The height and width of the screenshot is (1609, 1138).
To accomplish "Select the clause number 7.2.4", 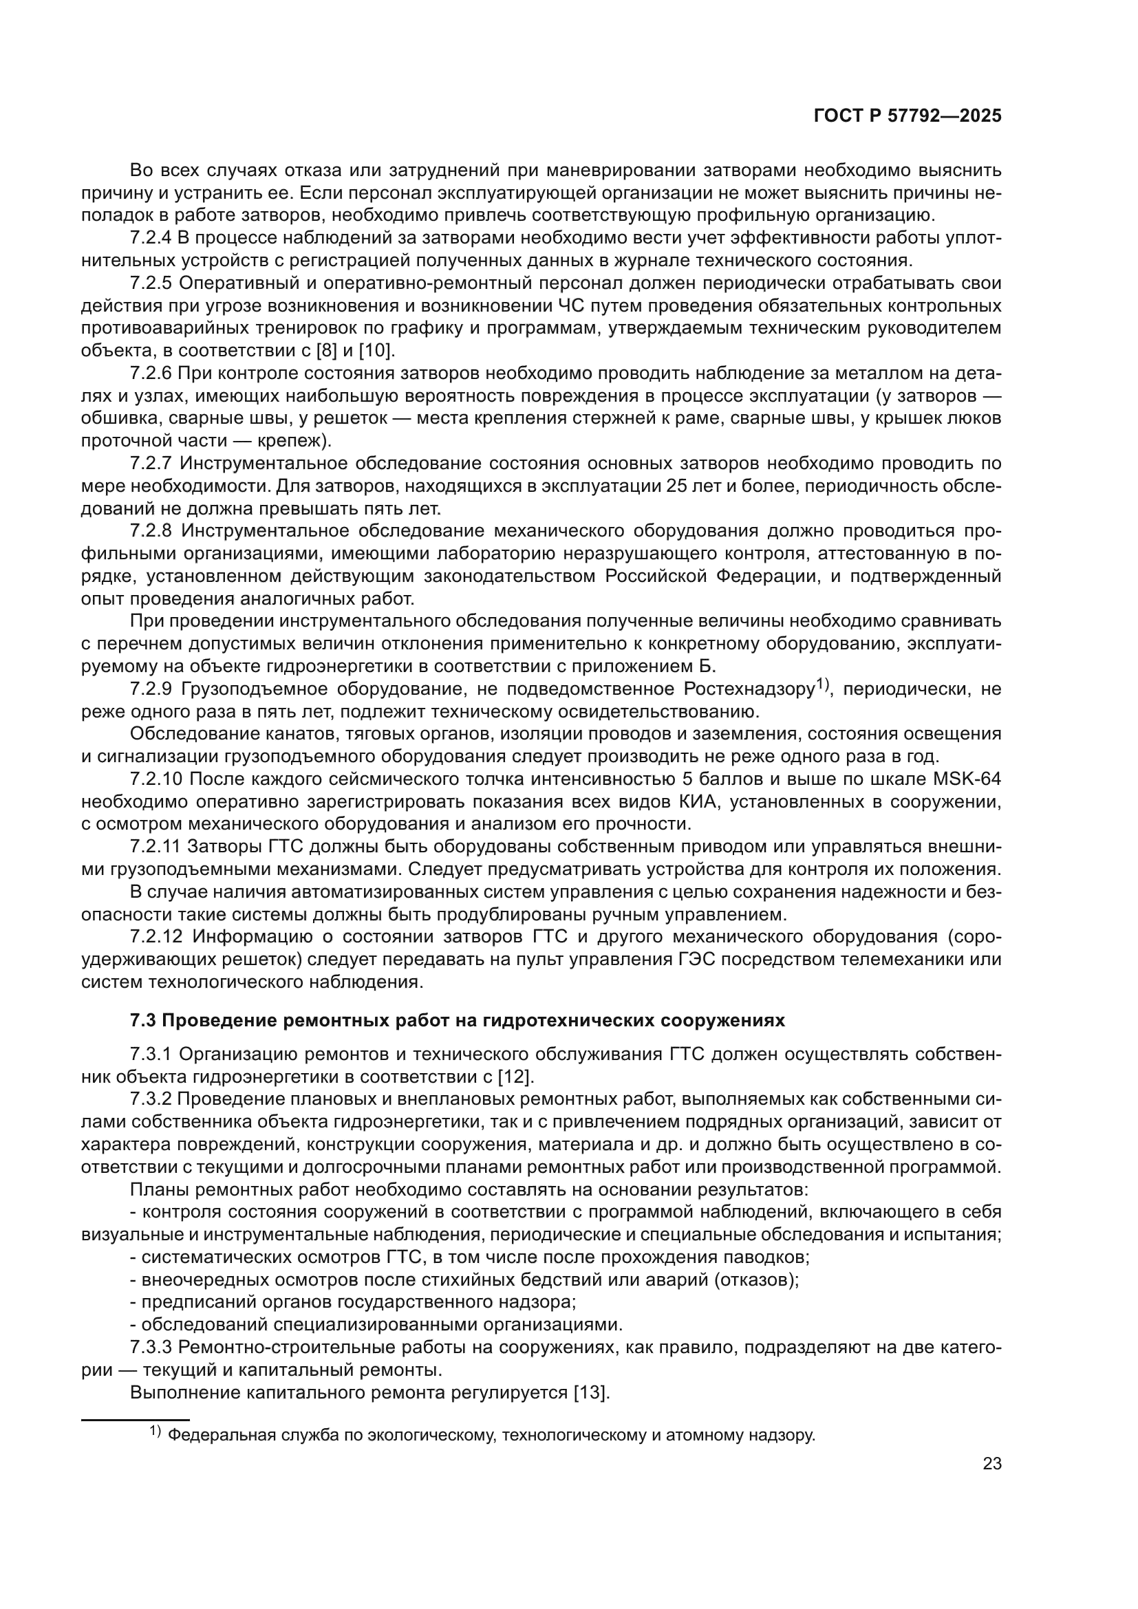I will click(x=150, y=238).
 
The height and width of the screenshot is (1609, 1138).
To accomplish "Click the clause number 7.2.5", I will click(x=150, y=283).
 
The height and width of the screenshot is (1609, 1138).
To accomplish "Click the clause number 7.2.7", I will click(x=150, y=463).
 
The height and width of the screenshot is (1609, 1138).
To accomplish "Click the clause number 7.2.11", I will click(x=155, y=847).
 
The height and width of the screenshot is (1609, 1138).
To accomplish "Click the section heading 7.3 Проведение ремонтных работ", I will click(x=457, y=1020).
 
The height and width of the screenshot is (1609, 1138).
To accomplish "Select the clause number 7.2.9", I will click(x=150, y=689).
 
